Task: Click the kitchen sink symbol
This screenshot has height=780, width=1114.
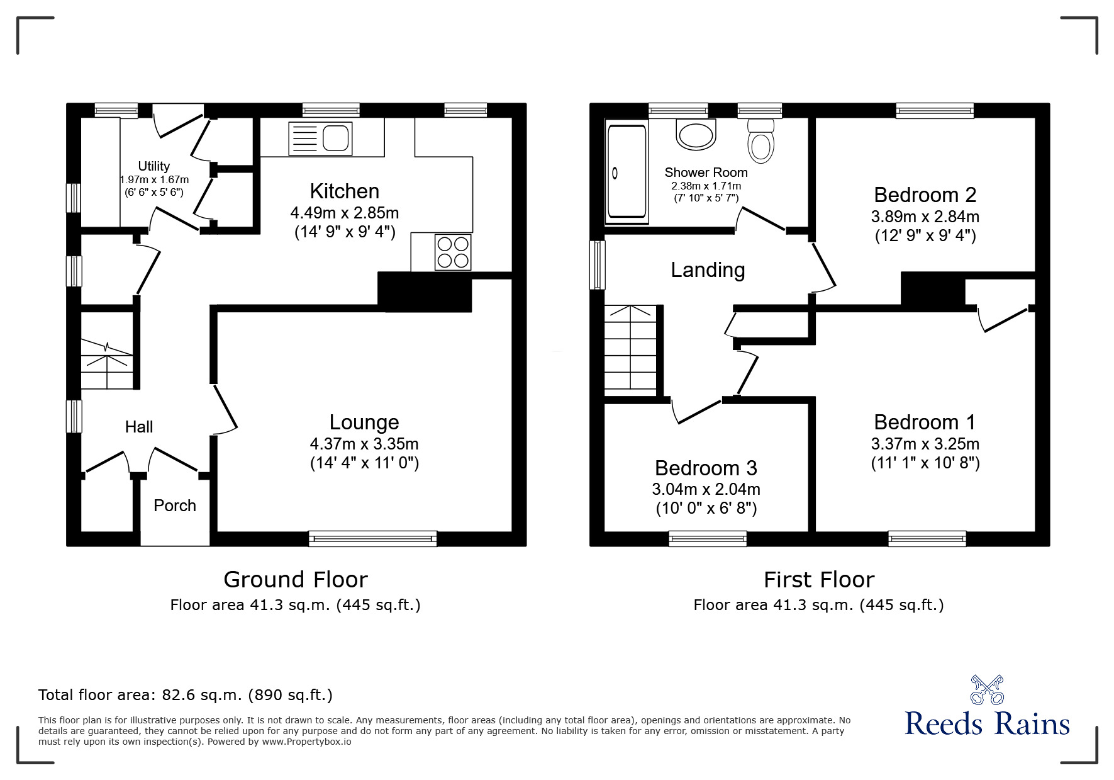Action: (x=320, y=138)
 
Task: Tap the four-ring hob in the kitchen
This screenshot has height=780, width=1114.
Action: (x=453, y=252)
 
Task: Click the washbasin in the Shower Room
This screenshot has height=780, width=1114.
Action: (x=696, y=135)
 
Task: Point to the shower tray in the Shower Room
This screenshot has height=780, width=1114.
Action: (x=626, y=173)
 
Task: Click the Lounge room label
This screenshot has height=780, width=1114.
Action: (x=364, y=422)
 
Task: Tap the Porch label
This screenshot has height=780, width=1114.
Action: (x=175, y=506)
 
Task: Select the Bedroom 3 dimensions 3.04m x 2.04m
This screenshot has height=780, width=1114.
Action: (x=706, y=489)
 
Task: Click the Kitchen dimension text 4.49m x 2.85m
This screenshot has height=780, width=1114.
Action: (x=344, y=213)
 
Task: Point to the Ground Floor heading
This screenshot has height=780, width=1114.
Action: (x=295, y=579)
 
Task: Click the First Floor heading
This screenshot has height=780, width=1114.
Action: (x=818, y=579)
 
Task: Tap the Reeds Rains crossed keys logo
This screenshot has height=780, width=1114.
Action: (x=986, y=689)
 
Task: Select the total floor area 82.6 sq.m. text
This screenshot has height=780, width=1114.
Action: (x=186, y=695)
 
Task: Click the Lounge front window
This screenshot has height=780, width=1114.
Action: (x=372, y=538)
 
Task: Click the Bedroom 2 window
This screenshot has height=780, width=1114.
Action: (x=935, y=111)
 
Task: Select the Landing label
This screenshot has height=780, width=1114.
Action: (x=708, y=270)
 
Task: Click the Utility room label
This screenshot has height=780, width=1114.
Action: (x=153, y=166)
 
